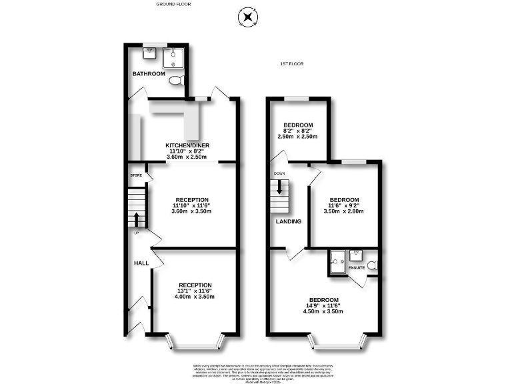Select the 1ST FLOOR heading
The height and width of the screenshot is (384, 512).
click(292, 64)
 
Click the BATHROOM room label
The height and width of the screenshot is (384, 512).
click(149, 73)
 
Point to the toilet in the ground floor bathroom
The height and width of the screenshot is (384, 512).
click(175, 81)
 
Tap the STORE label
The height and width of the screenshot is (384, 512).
click(136, 175)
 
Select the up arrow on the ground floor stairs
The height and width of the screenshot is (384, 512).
click(137, 218)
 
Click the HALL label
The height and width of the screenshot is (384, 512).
click(141, 263)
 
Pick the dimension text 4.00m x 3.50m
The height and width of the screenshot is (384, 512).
click(195, 297)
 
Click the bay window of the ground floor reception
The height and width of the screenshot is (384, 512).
click(194, 342)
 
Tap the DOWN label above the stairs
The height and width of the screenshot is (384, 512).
click(279, 173)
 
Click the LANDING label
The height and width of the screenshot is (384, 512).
click(288, 221)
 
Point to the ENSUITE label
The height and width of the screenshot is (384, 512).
click(357, 267)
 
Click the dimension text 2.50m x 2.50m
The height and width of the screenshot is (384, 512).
click(297, 137)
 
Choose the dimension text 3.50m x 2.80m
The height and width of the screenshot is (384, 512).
click(345, 211)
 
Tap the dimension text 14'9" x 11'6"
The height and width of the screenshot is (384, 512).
click(323, 305)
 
